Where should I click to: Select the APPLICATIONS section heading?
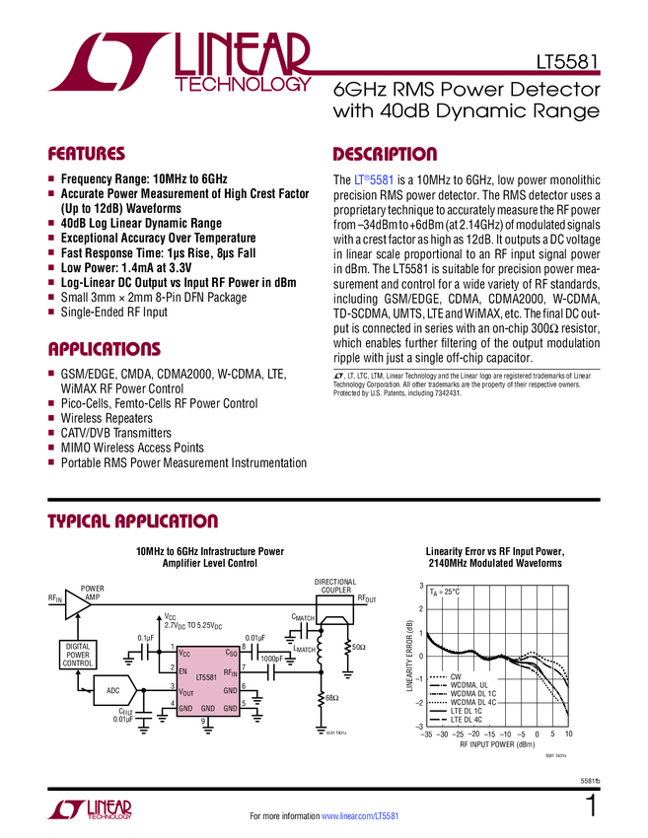click(x=104, y=349)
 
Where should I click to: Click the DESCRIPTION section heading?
click(x=385, y=155)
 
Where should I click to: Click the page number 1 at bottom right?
click(x=591, y=806)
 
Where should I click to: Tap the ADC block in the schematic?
click(x=113, y=691)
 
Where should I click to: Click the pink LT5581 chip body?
click(x=206, y=679)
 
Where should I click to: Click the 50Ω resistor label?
click(x=359, y=646)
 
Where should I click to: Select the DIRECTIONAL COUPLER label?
click(x=335, y=587)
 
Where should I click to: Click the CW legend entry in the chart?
click(x=456, y=676)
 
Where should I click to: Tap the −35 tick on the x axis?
click(x=426, y=735)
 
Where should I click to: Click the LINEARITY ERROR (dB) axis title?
click(x=407, y=656)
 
